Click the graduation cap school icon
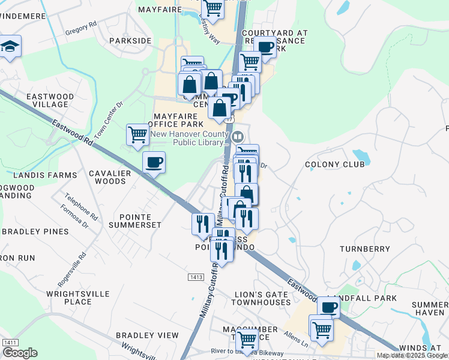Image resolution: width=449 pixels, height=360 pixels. click(10, 47)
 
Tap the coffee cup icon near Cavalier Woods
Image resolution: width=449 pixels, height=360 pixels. click(154, 162)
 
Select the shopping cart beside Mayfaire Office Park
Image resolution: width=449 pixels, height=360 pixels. click(137, 134)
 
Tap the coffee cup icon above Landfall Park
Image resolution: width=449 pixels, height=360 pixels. click(328, 307)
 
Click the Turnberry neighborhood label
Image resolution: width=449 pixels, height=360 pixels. click(365, 248)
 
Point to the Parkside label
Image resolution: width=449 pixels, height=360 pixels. click(130, 41)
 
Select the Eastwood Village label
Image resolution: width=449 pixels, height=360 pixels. click(50, 100)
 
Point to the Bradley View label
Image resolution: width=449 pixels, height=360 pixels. click(147, 335)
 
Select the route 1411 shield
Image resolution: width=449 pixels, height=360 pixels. click(10, 342)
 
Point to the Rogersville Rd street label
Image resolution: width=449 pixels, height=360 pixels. click(80, 265)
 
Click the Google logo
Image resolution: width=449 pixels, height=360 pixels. click(20, 353)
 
